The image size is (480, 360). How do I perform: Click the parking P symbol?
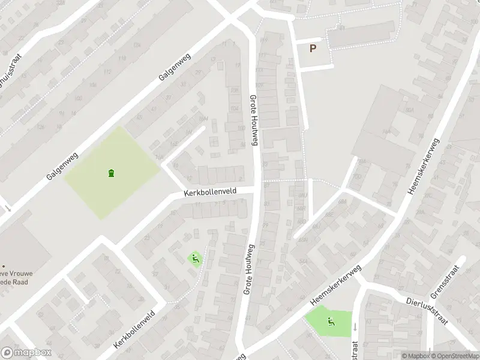(313, 49)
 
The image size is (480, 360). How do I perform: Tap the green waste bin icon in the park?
(111, 173)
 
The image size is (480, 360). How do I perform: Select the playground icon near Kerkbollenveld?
(195, 259)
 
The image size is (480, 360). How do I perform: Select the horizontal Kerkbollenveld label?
(210, 191)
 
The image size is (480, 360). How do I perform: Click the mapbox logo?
(26, 353)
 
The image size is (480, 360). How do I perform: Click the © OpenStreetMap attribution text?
(455, 356)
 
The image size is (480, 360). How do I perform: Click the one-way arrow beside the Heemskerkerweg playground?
(354, 327)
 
